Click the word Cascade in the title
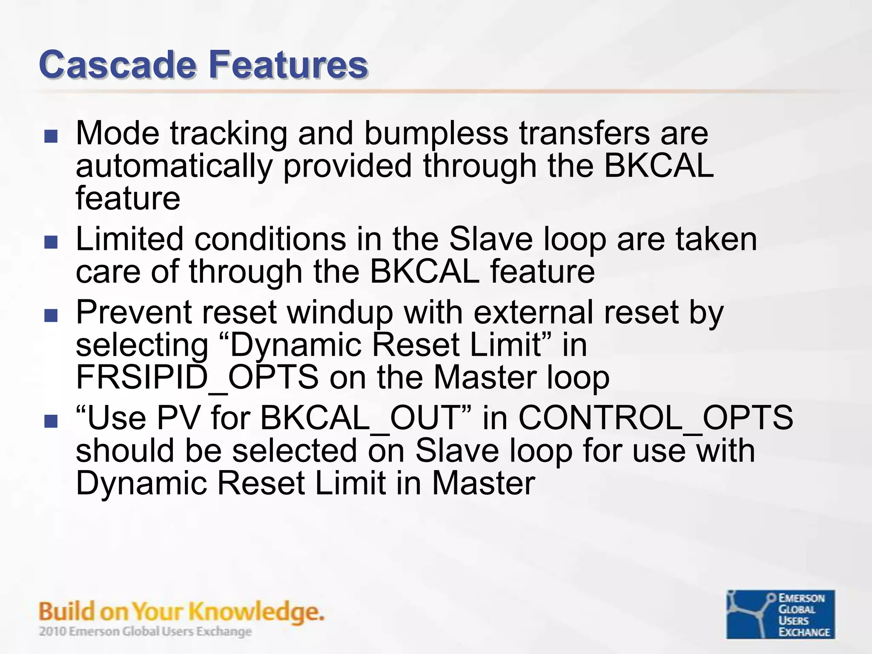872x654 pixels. (117, 65)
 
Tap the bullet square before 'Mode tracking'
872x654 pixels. (51, 136)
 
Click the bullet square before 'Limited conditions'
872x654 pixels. (51, 242)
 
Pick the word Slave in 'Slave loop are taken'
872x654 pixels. (490, 239)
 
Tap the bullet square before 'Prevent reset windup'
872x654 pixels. (51, 316)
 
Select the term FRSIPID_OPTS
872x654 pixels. (197, 377)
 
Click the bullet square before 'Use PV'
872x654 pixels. (51, 421)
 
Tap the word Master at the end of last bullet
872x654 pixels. (483, 483)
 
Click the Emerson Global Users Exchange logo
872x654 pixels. (780, 614)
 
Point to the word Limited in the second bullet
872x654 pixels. (129, 239)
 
